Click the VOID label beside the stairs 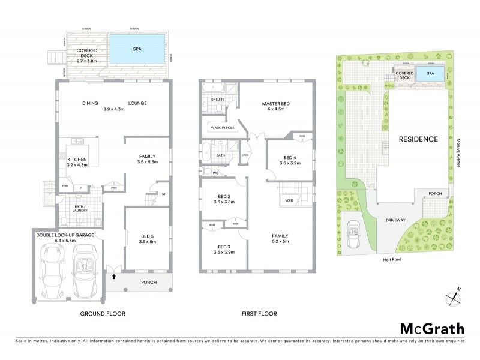(289, 200)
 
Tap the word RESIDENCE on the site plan (418, 139)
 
